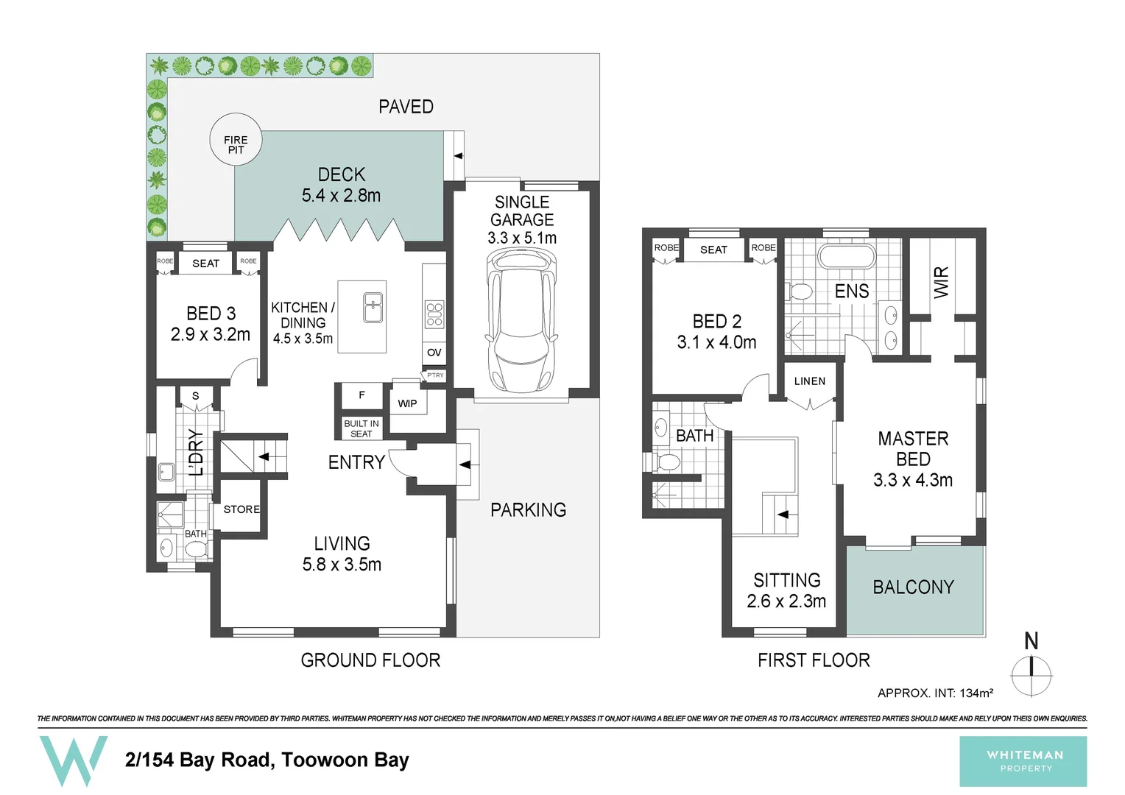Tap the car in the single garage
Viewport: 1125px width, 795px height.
click(x=521, y=321)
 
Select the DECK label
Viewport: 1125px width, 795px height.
click(x=342, y=174)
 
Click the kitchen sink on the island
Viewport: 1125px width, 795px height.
click(x=373, y=307)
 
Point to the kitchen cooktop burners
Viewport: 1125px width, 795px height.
click(x=434, y=314)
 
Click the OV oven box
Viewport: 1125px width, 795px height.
click(x=434, y=353)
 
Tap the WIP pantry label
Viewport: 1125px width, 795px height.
click(x=407, y=403)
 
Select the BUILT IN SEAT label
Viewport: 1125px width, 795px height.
click(x=362, y=428)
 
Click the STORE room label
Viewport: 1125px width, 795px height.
click(x=241, y=509)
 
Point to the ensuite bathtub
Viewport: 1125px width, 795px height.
click(x=847, y=257)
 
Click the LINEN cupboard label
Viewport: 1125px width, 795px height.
click(x=810, y=381)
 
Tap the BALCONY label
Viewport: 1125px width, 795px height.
click(x=913, y=587)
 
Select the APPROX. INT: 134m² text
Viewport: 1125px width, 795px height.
click(x=935, y=693)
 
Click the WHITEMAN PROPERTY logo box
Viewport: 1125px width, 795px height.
click(x=1023, y=761)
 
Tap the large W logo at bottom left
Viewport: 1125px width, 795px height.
click(x=73, y=760)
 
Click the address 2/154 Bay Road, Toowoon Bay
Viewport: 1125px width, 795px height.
click(x=267, y=760)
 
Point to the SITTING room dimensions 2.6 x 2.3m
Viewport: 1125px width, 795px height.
click(x=786, y=601)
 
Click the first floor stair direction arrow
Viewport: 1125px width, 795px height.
click(x=783, y=515)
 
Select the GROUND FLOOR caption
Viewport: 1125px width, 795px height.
click(x=370, y=660)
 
